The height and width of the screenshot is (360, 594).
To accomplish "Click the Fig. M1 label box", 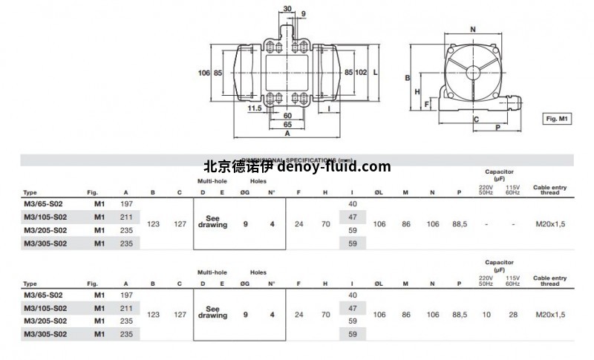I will click(556, 118).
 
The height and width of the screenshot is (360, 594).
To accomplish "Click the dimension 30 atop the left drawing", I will click(288, 9).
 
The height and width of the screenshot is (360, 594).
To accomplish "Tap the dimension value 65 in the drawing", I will click(287, 125).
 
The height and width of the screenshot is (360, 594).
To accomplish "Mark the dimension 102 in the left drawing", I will click(362, 73).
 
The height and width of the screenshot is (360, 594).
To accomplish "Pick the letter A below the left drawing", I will click(287, 135).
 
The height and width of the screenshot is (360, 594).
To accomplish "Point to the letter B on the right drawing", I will click(408, 77).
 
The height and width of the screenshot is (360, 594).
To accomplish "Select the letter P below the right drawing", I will click(497, 128).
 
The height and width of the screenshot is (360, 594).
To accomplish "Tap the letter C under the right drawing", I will click(475, 119).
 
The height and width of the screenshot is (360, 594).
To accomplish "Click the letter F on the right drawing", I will click(426, 105).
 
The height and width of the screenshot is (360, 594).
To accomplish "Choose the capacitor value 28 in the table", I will click(512, 315).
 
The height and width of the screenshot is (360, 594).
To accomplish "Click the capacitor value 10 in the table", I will click(486, 315).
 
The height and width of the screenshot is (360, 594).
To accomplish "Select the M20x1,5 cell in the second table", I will click(549, 315).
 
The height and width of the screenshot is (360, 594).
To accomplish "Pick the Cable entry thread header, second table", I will click(549, 281).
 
